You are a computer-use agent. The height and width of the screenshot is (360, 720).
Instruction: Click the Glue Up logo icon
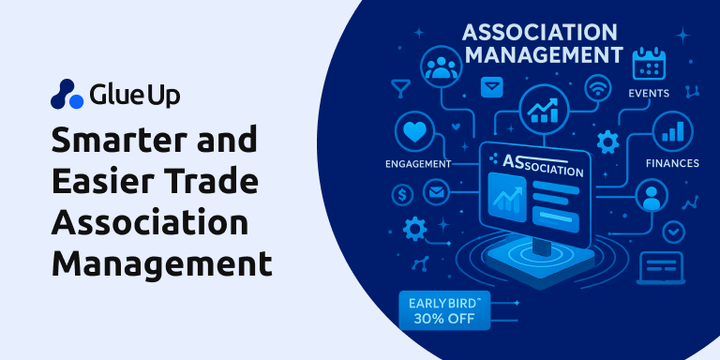click(x=67, y=95)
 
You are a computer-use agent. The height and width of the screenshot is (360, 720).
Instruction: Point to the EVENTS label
click(x=649, y=94)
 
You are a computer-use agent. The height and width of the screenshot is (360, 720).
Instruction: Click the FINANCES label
click(x=671, y=163)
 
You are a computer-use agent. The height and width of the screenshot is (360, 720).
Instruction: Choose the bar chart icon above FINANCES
click(x=670, y=132)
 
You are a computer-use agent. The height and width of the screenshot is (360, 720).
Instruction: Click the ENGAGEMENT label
click(x=418, y=164)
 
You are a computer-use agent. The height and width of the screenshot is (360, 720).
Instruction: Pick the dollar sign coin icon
click(x=405, y=195)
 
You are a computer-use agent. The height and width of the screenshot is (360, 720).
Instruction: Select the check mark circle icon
click(x=673, y=231)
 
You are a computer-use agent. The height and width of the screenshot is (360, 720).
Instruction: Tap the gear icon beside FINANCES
click(x=607, y=142)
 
